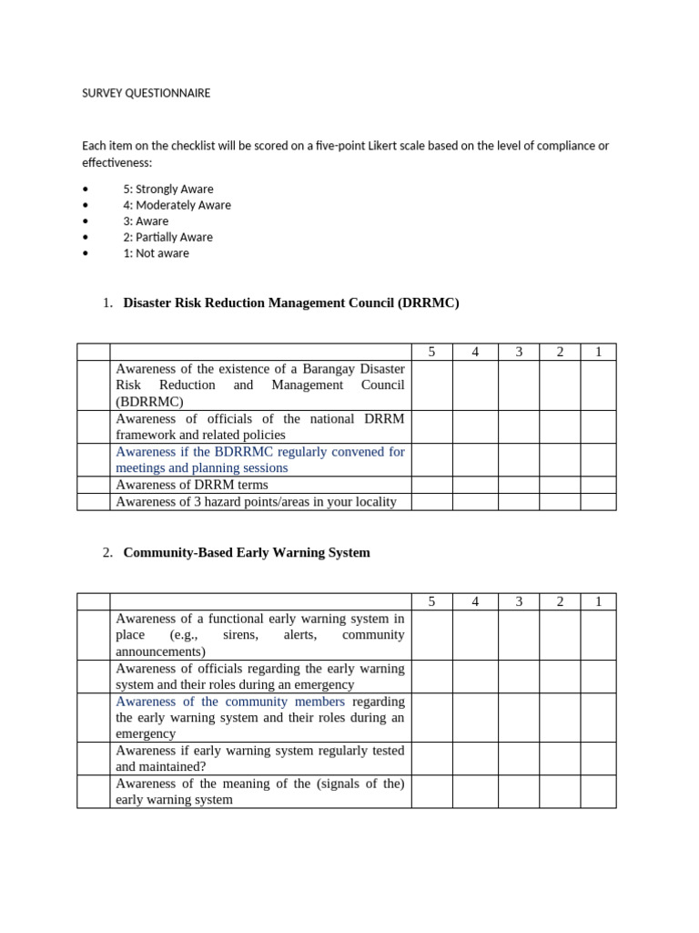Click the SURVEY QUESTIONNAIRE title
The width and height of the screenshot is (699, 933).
[146, 93]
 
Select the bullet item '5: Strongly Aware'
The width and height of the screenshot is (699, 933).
[168, 189]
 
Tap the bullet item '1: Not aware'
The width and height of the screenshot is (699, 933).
[156, 253]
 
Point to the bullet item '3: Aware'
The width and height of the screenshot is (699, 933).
[146, 221]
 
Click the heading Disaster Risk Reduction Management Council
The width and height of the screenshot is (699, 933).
[290, 302]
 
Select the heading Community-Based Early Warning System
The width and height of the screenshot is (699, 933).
[246, 552]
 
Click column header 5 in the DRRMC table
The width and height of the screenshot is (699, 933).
[431, 352]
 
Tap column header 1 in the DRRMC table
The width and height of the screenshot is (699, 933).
[598, 352]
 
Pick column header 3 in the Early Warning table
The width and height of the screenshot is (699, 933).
[518, 601]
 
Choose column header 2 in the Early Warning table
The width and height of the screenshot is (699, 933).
[560, 601]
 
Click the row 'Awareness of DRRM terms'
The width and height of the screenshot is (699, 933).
[192, 485]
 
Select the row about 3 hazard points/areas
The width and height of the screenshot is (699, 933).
[256, 501]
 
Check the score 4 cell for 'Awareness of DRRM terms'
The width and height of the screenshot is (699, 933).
[475, 485]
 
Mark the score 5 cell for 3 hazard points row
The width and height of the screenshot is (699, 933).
[431, 501]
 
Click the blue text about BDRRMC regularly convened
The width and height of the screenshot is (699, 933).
[259, 459]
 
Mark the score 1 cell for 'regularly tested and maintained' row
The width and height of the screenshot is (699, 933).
[598, 758]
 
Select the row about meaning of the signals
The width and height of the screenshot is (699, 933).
[259, 791]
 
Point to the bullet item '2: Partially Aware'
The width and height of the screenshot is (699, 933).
[167, 237]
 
